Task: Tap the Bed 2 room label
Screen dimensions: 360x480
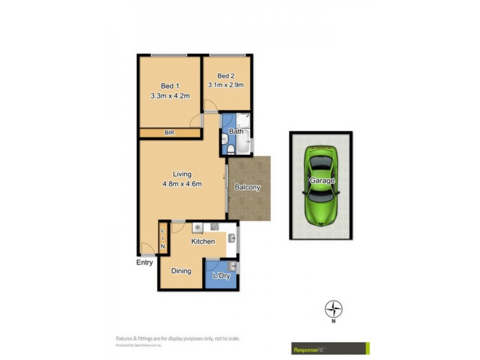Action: [226, 76]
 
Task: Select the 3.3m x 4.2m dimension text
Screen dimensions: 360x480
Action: [170, 95]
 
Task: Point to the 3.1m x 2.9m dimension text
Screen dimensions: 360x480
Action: [226, 85]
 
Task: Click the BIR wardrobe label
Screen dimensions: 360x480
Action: [170, 133]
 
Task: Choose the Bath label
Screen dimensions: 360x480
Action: [236, 131]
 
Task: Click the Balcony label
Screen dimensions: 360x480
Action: [247, 187]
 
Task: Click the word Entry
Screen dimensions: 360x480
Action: [145, 262]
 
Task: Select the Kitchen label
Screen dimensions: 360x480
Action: [203, 241]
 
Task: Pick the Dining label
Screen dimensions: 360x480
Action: [181, 271]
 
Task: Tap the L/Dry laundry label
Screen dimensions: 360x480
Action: [221, 276]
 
